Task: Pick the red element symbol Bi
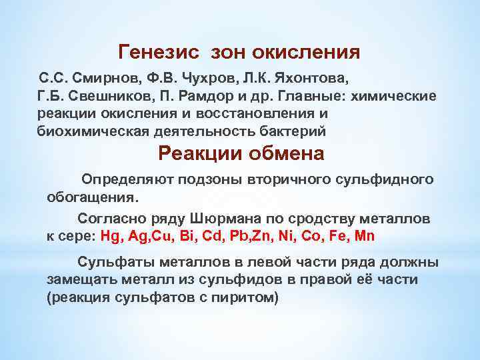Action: [199, 236]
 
